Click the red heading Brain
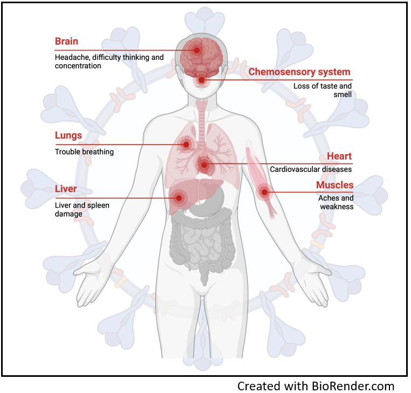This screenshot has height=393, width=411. [x=66, y=42]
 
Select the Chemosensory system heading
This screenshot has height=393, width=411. [x=299, y=72]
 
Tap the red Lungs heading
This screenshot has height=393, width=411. [x=68, y=135]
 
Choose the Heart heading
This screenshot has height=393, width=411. [x=339, y=156]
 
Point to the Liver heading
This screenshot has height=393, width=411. [x=66, y=189]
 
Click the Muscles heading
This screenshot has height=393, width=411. [x=334, y=185]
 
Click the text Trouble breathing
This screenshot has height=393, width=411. [x=84, y=152]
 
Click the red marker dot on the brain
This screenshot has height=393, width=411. [x=197, y=50]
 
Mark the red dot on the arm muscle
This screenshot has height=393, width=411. [x=264, y=191]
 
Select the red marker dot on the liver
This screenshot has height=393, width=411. [x=179, y=198]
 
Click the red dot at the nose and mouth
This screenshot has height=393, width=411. [x=202, y=80]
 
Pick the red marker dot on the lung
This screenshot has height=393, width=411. [x=187, y=144]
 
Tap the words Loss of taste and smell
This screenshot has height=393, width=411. [x=323, y=90]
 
